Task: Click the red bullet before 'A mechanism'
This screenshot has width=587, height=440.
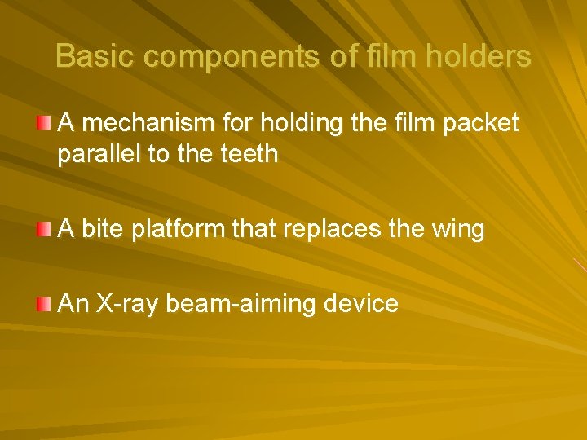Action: [x=44, y=123]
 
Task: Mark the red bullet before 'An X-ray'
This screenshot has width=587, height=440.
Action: [x=44, y=305]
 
